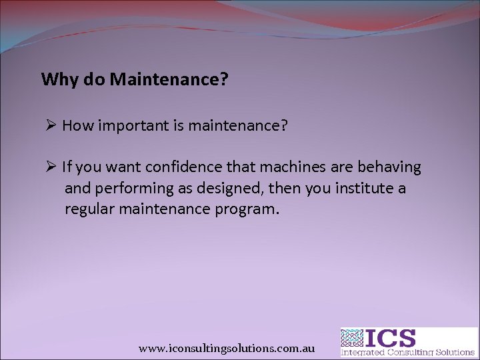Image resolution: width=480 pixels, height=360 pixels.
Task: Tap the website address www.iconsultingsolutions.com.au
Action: (227, 349)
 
